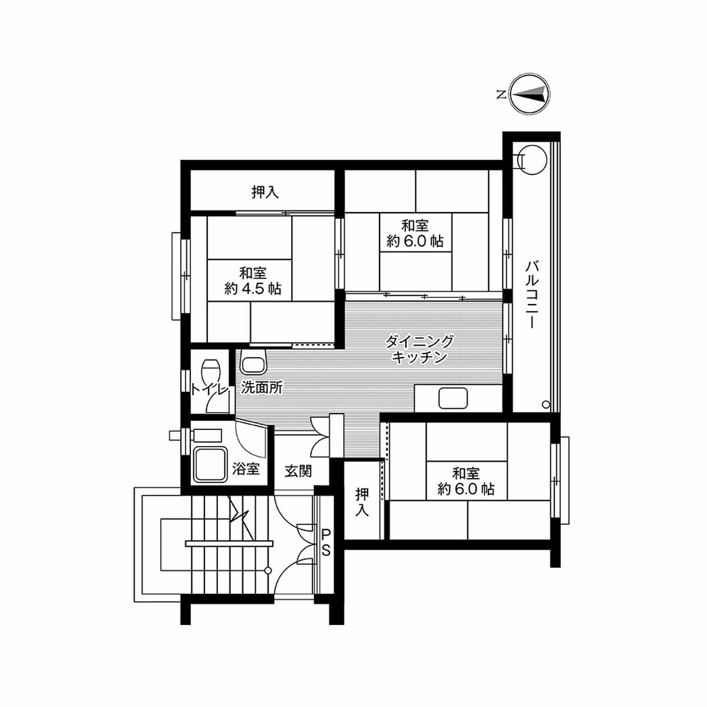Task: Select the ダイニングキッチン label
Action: coord(419,349)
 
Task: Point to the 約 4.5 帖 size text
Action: coord(253,289)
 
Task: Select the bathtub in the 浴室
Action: coord(210,465)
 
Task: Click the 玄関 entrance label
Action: coord(298,471)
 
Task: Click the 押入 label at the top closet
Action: coord(265,192)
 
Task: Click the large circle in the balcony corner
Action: coord(533,160)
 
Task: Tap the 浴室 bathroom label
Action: coord(246,468)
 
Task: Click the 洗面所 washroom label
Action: coord(262,388)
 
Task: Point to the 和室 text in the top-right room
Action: coord(415,225)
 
